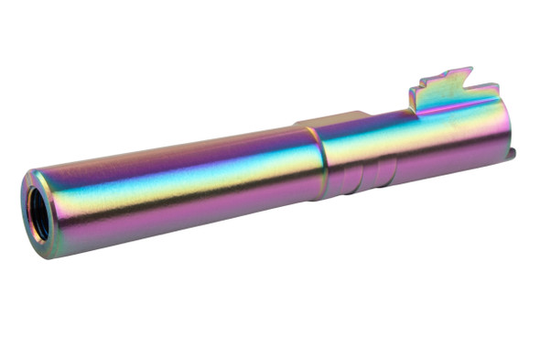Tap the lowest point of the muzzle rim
click(x=46, y=255)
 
